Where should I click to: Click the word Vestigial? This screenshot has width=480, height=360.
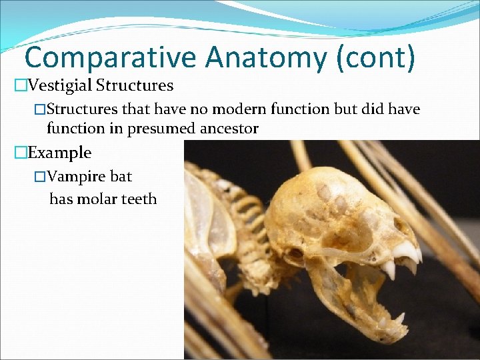(63, 86)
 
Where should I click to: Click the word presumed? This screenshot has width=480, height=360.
(163, 129)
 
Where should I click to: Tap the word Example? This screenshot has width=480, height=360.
(60, 153)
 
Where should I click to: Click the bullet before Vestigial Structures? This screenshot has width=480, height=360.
(21, 86)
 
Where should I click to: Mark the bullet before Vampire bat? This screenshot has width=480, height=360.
(40, 177)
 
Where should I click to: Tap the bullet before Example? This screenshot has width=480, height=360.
(21, 153)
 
